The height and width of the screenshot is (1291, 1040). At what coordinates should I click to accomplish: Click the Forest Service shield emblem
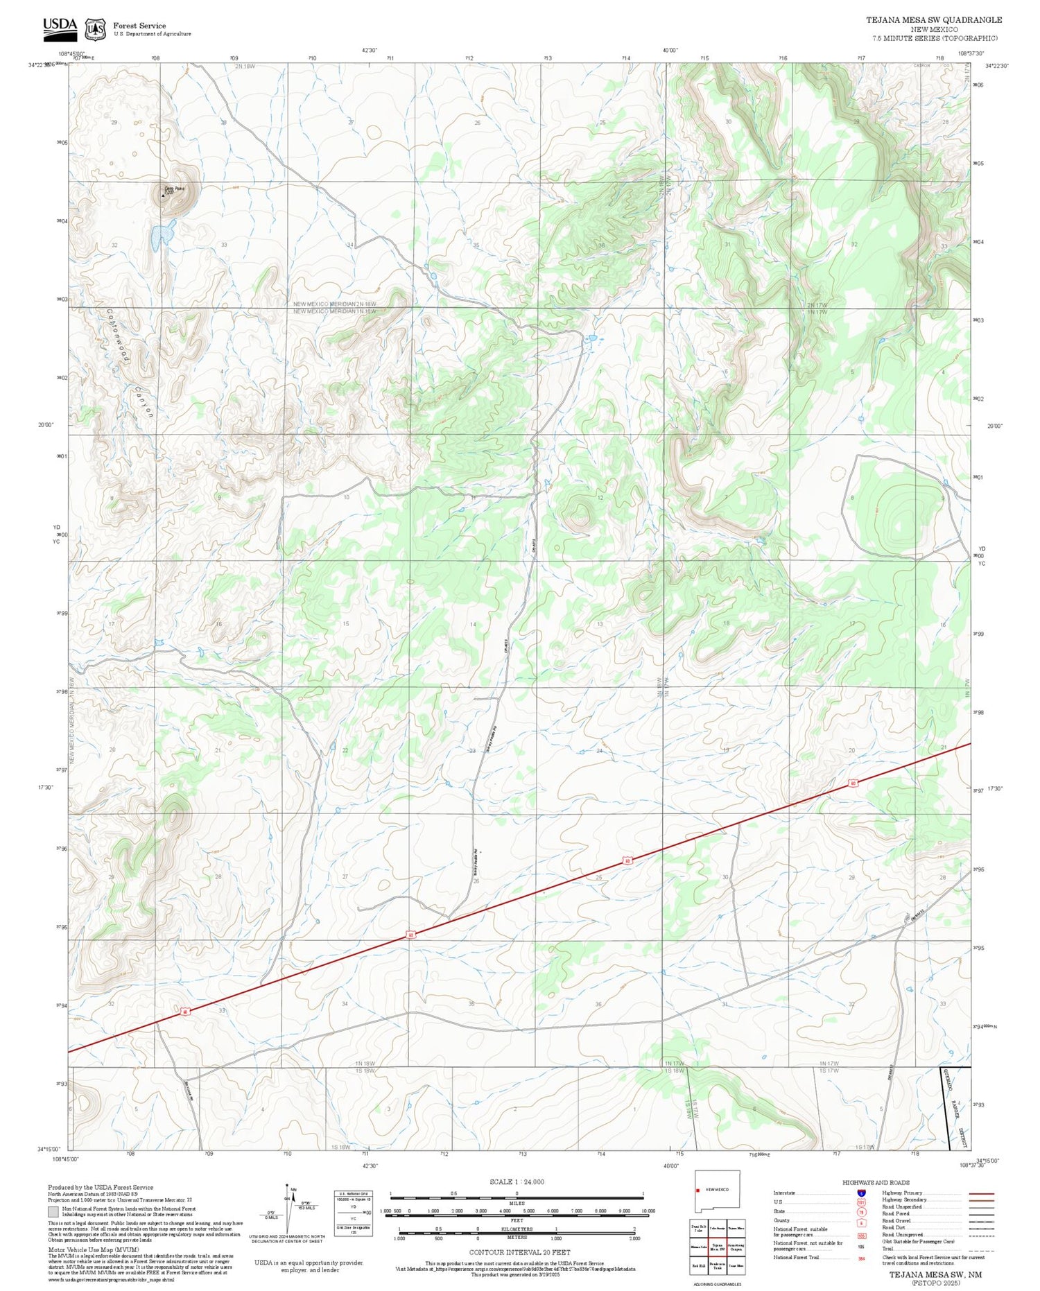click(x=95, y=29)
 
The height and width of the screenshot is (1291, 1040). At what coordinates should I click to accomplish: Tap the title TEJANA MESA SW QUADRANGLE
click(x=933, y=20)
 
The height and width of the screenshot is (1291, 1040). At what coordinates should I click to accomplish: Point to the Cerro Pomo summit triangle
click(x=164, y=196)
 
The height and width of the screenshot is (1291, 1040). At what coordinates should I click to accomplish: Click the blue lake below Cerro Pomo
click(x=162, y=235)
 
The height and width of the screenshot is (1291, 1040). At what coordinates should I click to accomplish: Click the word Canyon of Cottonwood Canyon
click(x=144, y=401)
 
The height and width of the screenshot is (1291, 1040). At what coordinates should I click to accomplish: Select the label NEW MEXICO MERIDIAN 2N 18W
click(x=334, y=304)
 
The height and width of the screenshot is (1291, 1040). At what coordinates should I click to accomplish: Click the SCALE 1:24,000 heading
click(x=517, y=1181)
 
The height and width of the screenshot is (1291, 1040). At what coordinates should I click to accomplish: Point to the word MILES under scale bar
click(x=517, y=1203)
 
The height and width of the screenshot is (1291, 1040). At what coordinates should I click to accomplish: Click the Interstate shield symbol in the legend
click(x=861, y=1193)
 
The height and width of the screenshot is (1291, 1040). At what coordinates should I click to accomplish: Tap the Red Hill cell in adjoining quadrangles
click(x=698, y=1265)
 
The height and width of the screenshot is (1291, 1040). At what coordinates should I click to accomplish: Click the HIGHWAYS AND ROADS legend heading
click(x=876, y=1182)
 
